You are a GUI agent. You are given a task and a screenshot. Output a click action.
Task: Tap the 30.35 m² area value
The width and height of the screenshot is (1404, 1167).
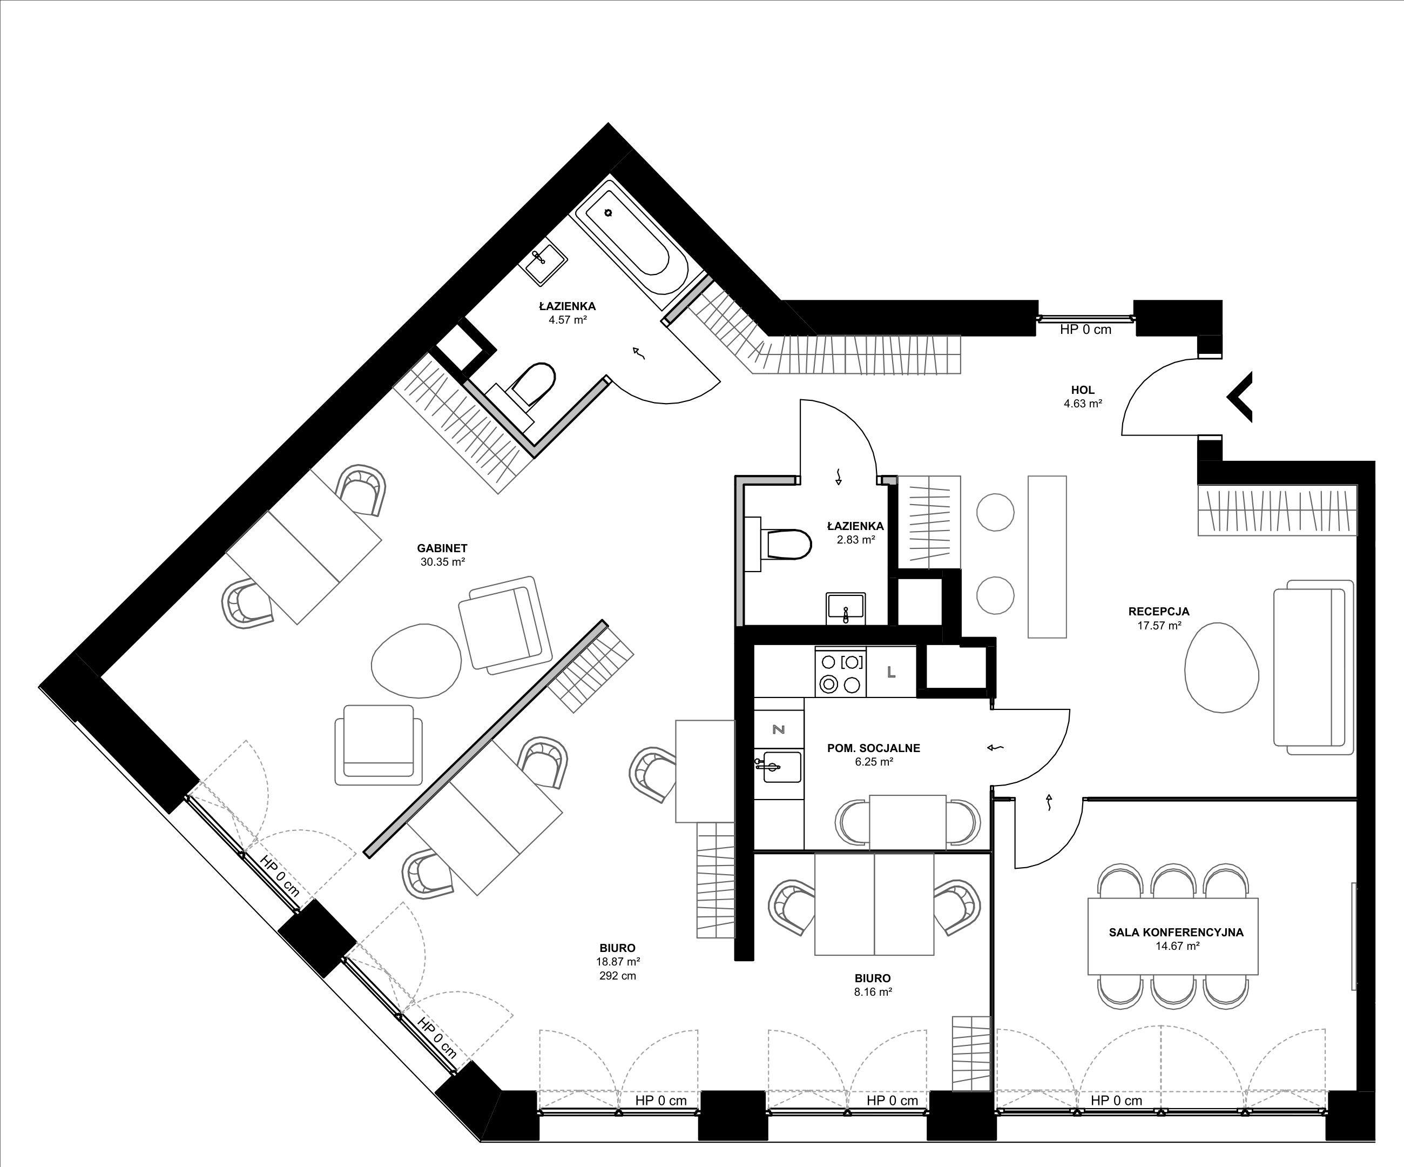pyautogui.click(x=443, y=562)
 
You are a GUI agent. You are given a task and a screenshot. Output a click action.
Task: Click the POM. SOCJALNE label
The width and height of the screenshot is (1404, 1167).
pyautogui.click(x=873, y=748)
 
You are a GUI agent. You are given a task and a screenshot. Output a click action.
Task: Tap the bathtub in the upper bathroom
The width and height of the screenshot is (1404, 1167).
pyautogui.click(x=631, y=244)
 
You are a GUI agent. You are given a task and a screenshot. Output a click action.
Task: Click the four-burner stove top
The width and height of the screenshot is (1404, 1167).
pyautogui.click(x=840, y=673)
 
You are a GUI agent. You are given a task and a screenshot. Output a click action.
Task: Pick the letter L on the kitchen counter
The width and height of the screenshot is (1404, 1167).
pyautogui.click(x=891, y=673)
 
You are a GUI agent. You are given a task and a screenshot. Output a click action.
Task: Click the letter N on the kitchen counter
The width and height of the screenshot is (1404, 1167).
pyautogui.click(x=778, y=729)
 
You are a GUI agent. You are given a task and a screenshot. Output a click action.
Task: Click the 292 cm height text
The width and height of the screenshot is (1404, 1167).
pyautogui.click(x=617, y=976)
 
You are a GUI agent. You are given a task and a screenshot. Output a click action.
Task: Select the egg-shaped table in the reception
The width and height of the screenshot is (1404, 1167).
pyautogui.click(x=1221, y=667)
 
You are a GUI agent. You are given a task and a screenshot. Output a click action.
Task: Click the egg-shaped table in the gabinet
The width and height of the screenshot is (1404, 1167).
pyautogui.click(x=416, y=661)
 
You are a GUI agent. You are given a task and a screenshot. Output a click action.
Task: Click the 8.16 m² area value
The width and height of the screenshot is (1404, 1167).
pyautogui.click(x=873, y=992)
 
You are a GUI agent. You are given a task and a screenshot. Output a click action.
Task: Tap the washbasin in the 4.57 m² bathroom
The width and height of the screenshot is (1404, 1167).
pyautogui.click(x=545, y=261)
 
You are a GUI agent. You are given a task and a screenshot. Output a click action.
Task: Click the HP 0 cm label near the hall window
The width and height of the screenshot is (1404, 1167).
pyautogui.click(x=1086, y=329)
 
